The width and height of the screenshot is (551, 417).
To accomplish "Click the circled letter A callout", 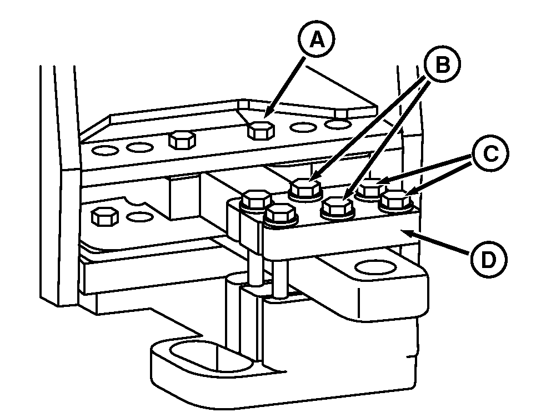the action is (x=317, y=39).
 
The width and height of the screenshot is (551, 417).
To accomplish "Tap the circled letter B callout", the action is (x=442, y=64).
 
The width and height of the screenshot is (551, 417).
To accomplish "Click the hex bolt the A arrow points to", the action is (x=261, y=130).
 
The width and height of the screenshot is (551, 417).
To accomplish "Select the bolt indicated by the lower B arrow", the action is (x=337, y=207).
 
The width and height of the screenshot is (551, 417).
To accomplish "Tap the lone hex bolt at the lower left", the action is (x=104, y=216).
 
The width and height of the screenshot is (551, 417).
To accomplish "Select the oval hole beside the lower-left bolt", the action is (x=139, y=217).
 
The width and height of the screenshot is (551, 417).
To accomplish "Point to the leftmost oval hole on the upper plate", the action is (x=105, y=151).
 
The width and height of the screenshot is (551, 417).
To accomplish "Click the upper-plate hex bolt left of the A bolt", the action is (x=182, y=140).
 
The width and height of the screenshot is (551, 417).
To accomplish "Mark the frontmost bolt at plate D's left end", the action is (x=282, y=215).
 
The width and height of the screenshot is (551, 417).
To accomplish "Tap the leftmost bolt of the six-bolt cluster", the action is (x=257, y=200).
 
